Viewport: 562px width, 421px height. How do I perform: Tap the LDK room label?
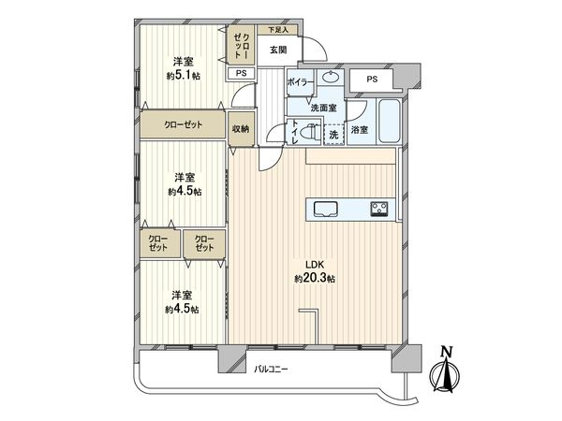click(x=314, y=265)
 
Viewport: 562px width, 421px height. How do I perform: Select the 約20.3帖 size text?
click(x=314, y=279)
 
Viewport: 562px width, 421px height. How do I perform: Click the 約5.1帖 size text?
click(x=184, y=76)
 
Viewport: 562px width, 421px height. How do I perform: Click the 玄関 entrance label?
click(x=279, y=49)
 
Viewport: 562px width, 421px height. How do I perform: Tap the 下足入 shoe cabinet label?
click(x=268, y=30)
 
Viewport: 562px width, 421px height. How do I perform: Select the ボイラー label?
click(x=301, y=82)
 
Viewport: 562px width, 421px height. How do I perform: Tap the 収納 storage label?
click(x=242, y=128)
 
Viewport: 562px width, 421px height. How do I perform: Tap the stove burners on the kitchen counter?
click(x=380, y=208)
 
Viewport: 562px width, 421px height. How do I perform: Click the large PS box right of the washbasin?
click(x=372, y=80)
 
